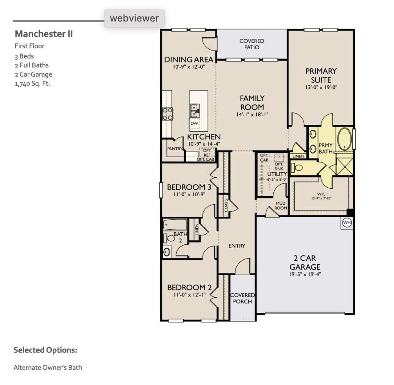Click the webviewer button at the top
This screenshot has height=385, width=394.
134,18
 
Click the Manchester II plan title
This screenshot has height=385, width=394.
44,34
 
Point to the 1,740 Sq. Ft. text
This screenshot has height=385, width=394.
32,83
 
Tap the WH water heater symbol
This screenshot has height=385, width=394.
347,223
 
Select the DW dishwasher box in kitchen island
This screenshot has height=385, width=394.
194,123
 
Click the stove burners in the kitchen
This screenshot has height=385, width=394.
168,114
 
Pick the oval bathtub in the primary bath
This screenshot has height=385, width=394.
344,139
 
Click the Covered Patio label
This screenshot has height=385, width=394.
252,44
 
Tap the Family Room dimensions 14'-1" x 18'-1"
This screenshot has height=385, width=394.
252,114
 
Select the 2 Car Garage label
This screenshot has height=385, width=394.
305,263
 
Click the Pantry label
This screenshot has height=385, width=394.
175,149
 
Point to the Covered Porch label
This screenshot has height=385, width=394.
243,298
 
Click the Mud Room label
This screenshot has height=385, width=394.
280,206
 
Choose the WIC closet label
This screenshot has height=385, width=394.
321,194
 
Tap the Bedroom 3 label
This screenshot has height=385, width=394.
189,187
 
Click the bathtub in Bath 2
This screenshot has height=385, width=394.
175,225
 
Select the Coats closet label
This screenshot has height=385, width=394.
226,206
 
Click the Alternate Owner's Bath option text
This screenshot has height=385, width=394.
48,367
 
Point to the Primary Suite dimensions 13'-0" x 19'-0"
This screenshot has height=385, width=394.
321,87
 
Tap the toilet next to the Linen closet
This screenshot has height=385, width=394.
297,168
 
